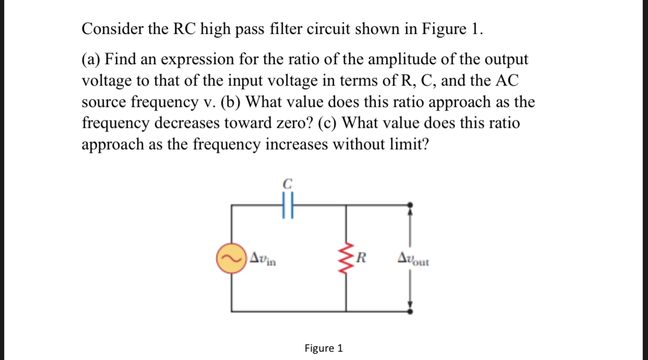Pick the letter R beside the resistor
[362, 257]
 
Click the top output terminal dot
[411, 205]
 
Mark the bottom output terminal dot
[411, 311]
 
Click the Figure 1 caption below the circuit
[323, 348]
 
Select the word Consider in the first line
[110, 29]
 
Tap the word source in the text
[103, 102]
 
